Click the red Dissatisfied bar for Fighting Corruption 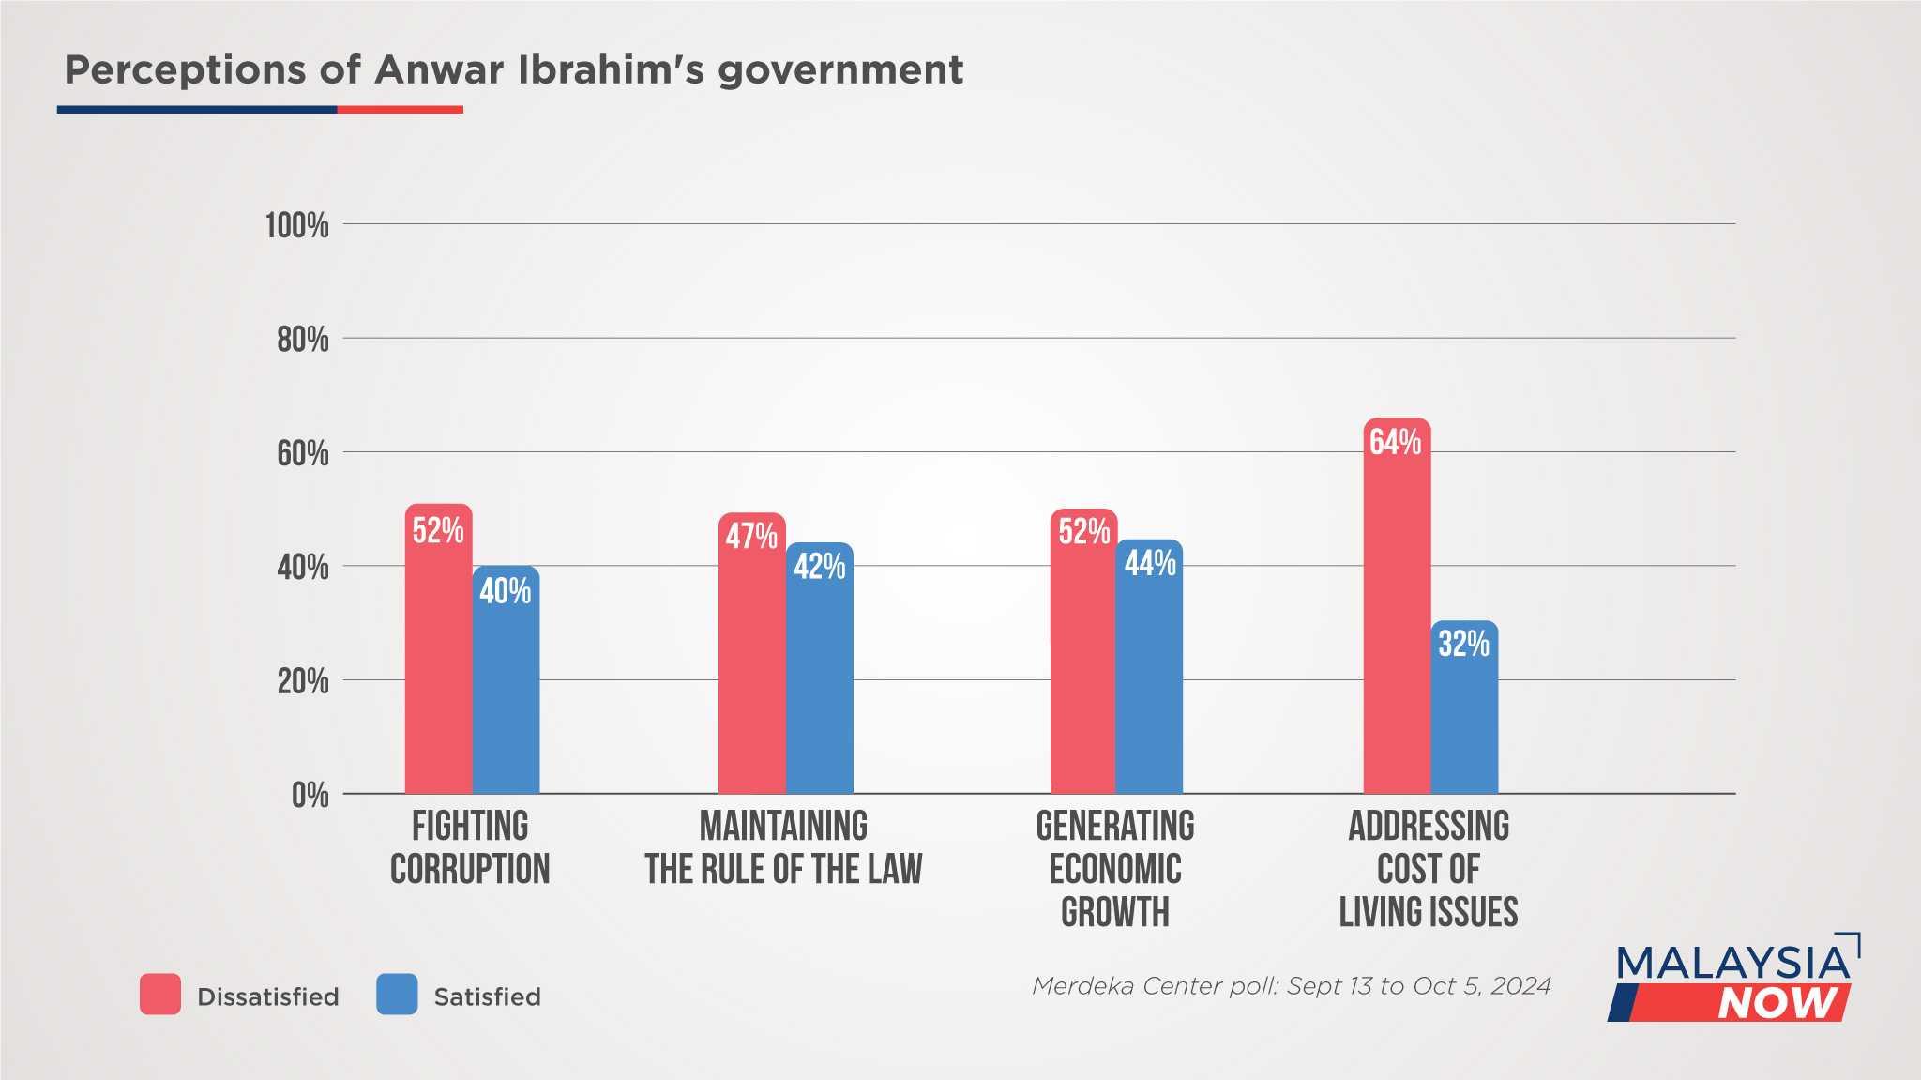(438, 657)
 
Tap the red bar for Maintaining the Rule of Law (751, 666)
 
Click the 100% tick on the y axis (297, 226)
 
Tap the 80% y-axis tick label (302, 340)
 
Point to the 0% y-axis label (310, 796)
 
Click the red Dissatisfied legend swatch (160, 995)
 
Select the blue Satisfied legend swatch (397, 995)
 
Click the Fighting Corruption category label (470, 847)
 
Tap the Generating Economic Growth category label (1115, 869)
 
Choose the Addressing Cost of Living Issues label (1428, 869)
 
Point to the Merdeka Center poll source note (1291, 986)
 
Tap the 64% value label (1395, 442)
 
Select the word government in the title (840, 71)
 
